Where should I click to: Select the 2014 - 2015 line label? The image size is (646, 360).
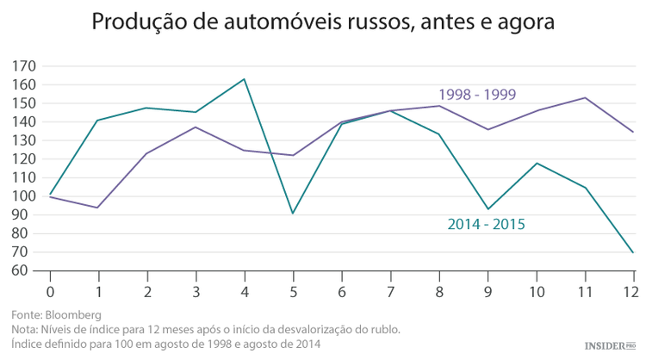pos(486,224)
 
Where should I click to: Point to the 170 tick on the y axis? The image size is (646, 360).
pos(25,66)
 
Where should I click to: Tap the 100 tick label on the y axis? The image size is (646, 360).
pos(25,196)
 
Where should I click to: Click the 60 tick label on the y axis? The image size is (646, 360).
pos(25,270)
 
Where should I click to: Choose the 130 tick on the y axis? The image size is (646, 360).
pos(25,140)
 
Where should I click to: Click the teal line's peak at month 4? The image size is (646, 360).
pos(245,79)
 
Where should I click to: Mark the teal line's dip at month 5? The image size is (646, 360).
pos(294,213)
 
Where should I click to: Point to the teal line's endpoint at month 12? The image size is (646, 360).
pos(634,252)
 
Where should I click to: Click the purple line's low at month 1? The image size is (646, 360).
pos(98,208)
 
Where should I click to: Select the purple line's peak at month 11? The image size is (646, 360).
pos(586,97)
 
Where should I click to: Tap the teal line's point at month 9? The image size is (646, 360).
pos(488,209)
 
